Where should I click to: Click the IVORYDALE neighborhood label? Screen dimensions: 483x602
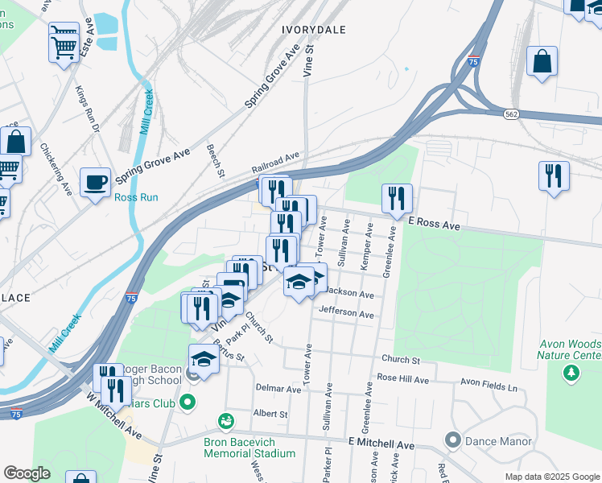314,30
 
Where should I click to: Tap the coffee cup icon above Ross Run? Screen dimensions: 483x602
96,182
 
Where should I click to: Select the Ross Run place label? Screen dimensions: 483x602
136,197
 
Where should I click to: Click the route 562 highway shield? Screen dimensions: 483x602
512,115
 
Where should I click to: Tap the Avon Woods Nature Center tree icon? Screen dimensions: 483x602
571,372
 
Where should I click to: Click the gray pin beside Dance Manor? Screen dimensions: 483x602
451,440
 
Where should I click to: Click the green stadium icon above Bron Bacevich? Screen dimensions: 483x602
227,420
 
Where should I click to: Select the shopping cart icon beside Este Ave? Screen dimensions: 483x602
64,39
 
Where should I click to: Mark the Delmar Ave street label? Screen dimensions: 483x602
278,388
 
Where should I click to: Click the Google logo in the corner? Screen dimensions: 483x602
27,473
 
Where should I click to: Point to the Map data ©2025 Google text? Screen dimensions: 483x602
550,477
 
